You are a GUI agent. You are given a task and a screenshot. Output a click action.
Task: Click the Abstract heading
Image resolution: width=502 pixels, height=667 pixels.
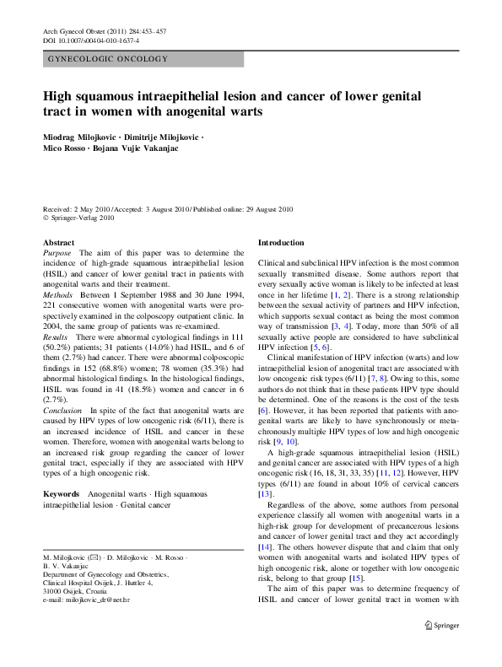pos(58,242)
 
